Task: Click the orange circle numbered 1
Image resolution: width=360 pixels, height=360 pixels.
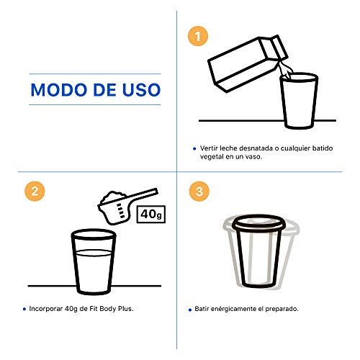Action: (x=198, y=36)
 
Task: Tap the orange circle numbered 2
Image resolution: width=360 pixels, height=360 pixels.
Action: (x=35, y=192)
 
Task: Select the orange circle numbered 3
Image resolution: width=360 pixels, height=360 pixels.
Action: (x=199, y=192)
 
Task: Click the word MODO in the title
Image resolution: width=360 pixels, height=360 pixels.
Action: (x=60, y=90)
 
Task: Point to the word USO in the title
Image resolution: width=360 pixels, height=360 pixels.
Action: (x=141, y=90)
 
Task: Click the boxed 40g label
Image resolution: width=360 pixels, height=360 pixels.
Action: (x=151, y=214)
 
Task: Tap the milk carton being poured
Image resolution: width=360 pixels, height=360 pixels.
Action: (x=247, y=63)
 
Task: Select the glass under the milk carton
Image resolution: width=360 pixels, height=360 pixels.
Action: (x=299, y=101)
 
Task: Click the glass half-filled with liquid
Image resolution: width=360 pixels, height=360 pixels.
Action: (x=94, y=261)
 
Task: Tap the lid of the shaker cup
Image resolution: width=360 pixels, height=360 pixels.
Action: (x=258, y=225)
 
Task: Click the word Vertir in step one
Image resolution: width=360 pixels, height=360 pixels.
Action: (x=209, y=148)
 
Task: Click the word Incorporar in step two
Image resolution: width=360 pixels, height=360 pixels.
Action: (x=46, y=309)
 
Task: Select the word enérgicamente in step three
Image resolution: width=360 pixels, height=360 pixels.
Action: (x=233, y=309)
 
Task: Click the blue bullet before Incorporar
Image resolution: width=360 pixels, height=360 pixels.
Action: (x=24, y=309)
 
